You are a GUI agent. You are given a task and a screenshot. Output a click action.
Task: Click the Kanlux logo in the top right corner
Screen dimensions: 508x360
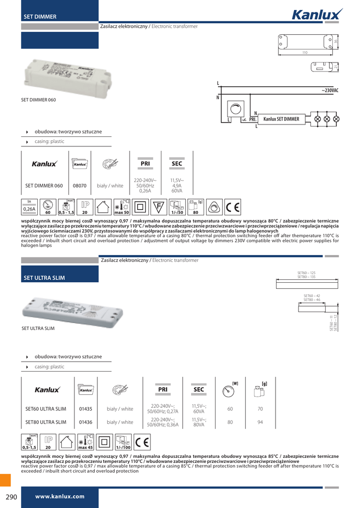(316, 14)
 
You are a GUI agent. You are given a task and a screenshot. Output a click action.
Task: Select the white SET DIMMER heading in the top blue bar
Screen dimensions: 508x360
(40, 17)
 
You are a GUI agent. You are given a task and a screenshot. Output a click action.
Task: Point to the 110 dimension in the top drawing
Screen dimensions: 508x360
(305, 52)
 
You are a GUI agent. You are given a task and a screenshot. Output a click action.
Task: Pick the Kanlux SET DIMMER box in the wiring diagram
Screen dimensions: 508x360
(281, 119)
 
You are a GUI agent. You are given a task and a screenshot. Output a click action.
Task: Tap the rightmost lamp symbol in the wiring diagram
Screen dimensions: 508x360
(336, 119)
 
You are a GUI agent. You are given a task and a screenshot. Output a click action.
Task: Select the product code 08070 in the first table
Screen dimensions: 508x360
(80, 186)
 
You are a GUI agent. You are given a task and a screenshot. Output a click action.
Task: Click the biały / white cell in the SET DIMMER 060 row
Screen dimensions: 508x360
(110, 186)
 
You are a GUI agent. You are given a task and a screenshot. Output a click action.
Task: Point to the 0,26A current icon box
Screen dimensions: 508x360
(29, 207)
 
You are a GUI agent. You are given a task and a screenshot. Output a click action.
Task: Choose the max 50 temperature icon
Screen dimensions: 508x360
(122, 207)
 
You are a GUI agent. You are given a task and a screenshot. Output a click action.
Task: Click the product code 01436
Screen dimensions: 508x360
(85, 422)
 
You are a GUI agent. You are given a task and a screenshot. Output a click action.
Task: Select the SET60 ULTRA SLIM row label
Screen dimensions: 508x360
(46, 409)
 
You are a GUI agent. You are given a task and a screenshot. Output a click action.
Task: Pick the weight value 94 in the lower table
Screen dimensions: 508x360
(260, 422)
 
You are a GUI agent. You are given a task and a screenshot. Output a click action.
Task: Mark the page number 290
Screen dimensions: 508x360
(11, 497)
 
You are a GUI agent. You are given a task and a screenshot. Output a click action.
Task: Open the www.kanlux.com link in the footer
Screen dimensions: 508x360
(60, 497)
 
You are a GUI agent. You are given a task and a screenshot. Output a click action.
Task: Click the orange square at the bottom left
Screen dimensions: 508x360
(5, 480)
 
